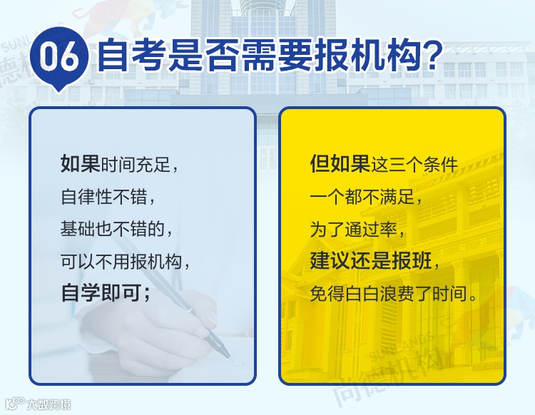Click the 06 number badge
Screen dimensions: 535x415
[59, 57]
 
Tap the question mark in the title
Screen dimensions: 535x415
[429, 56]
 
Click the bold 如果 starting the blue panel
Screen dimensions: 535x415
[80, 164]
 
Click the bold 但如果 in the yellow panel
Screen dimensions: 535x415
[340, 164]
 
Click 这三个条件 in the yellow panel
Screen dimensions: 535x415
[414, 165]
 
